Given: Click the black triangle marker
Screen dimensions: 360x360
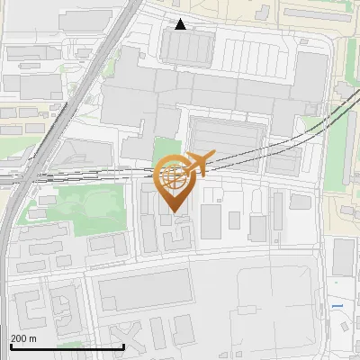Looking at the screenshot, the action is coord(181,24).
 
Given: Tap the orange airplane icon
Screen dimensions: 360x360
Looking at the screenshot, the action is coord(195,165).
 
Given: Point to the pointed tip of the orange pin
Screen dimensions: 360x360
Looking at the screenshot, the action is coord(176,213).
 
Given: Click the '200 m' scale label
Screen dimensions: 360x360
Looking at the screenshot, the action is coord(23,338).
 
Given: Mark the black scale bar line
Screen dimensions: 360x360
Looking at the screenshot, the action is coord(67,346).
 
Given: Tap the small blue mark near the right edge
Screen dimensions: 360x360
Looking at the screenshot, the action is coord(337,306).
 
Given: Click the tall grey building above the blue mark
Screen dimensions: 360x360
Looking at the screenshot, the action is coord(344,257).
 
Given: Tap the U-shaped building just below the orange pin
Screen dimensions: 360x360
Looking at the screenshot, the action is coord(177,237).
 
